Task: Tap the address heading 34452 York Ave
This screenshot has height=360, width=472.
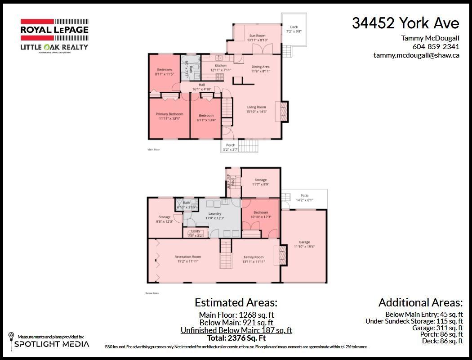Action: tap(405, 23)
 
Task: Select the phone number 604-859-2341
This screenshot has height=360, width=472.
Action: tap(436, 46)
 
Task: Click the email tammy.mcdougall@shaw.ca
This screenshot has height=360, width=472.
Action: tap(416, 55)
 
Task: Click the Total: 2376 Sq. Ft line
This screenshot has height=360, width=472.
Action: tap(236, 338)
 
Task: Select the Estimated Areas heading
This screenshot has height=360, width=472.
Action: tap(236, 302)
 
